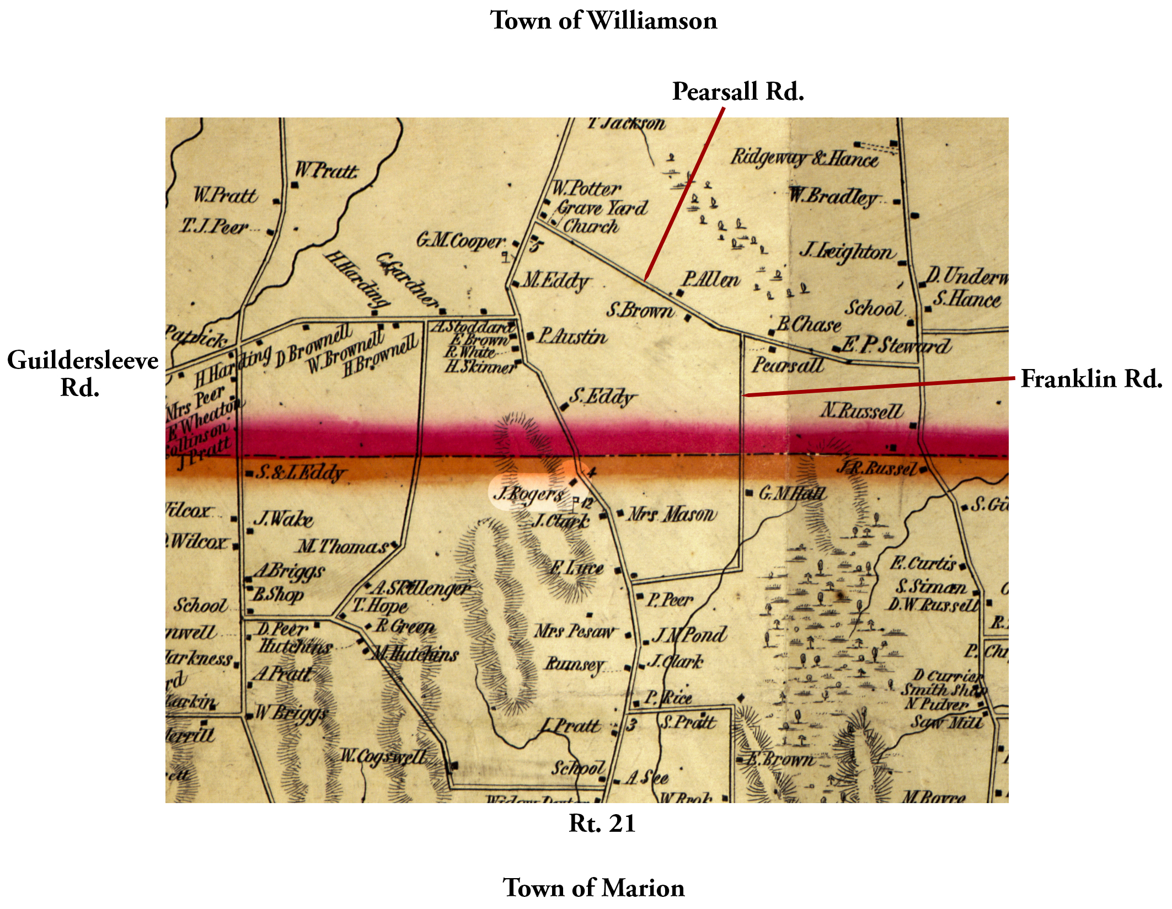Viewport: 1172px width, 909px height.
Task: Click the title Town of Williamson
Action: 603,21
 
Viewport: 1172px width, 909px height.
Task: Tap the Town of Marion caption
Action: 593,888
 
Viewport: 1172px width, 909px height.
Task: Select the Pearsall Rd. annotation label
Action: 737,92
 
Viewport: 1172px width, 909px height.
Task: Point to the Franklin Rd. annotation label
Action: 1091,379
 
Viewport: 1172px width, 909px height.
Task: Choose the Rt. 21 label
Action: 602,824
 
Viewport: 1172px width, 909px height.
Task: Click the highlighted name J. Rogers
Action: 528,493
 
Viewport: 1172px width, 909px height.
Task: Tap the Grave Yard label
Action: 602,208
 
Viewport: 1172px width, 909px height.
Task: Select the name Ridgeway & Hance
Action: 804,158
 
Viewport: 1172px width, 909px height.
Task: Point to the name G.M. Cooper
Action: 460,241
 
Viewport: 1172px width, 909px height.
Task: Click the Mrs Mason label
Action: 672,515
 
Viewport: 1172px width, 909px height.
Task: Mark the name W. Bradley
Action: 833,196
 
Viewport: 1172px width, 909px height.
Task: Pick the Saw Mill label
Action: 946,722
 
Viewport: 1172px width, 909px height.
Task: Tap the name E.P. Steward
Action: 895,346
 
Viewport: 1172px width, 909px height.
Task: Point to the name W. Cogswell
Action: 383,756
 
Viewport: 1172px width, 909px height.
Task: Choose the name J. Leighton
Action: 846,252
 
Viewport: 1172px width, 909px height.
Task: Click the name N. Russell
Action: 861,411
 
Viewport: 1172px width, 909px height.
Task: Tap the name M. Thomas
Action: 342,547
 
